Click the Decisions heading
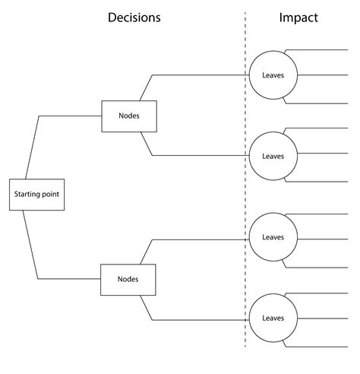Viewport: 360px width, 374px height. click(x=134, y=17)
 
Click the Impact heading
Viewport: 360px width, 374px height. click(x=299, y=17)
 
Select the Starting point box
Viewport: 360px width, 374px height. click(x=36, y=195)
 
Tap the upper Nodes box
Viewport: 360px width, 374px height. click(x=128, y=116)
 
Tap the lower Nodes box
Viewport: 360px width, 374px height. click(x=128, y=279)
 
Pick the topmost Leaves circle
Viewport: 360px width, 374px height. click(x=272, y=75)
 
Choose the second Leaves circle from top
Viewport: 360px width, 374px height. click(x=272, y=156)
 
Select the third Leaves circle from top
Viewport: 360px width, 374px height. click(x=272, y=237)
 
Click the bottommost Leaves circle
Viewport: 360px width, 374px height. click(x=272, y=319)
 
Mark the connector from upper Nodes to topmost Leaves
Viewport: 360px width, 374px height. click(x=197, y=75)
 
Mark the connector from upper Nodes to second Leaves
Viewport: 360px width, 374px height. click(x=197, y=156)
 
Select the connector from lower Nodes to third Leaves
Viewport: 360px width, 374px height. click(x=197, y=239)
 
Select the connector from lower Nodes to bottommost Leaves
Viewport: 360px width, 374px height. click(x=197, y=319)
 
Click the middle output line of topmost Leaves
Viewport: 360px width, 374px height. click(x=327, y=75)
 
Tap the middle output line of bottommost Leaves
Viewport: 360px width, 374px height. click(x=327, y=319)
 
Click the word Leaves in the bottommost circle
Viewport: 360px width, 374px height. click(x=272, y=319)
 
